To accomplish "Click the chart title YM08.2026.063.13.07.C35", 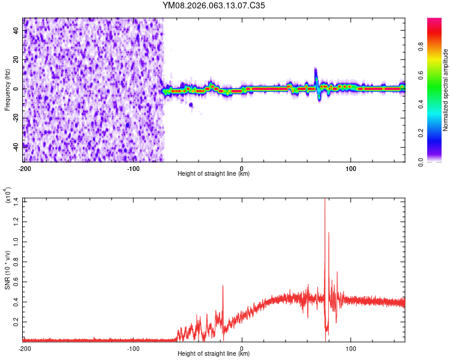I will tap(214, 5).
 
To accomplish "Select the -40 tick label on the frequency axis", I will tap(15, 146).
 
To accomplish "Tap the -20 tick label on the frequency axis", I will tap(15, 118).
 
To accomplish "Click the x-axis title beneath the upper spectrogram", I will tap(214, 174).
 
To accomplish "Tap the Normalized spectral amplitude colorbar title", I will tap(446, 90).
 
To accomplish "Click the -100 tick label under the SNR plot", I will tap(133, 349).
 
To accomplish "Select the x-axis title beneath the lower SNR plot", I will tap(214, 354).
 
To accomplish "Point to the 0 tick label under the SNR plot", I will tap(242, 349).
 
